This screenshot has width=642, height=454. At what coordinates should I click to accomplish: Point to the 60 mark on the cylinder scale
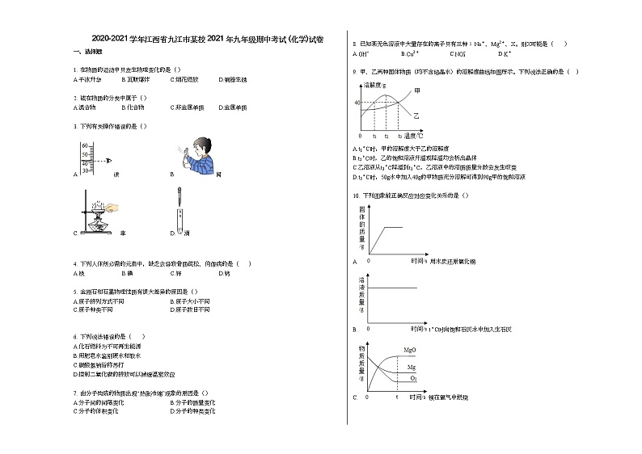click(x=83, y=145)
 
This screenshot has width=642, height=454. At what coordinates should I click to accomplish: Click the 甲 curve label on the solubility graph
click(x=416, y=89)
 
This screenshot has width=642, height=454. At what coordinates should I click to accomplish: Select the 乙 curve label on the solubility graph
click(x=416, y=116)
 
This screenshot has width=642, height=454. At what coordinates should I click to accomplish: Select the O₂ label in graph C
click(x=413, y=377)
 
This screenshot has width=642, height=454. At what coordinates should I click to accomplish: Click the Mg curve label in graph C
click(x=411, y=367)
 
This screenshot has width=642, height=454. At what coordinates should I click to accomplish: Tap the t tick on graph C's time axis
click(x=396, y=397)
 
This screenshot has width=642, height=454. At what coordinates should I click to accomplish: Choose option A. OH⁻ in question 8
click(x=361, y=54)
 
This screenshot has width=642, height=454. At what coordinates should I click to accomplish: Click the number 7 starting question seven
click(x=74, y=393)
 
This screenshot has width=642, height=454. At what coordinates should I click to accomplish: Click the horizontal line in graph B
click(x=393, y=288)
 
